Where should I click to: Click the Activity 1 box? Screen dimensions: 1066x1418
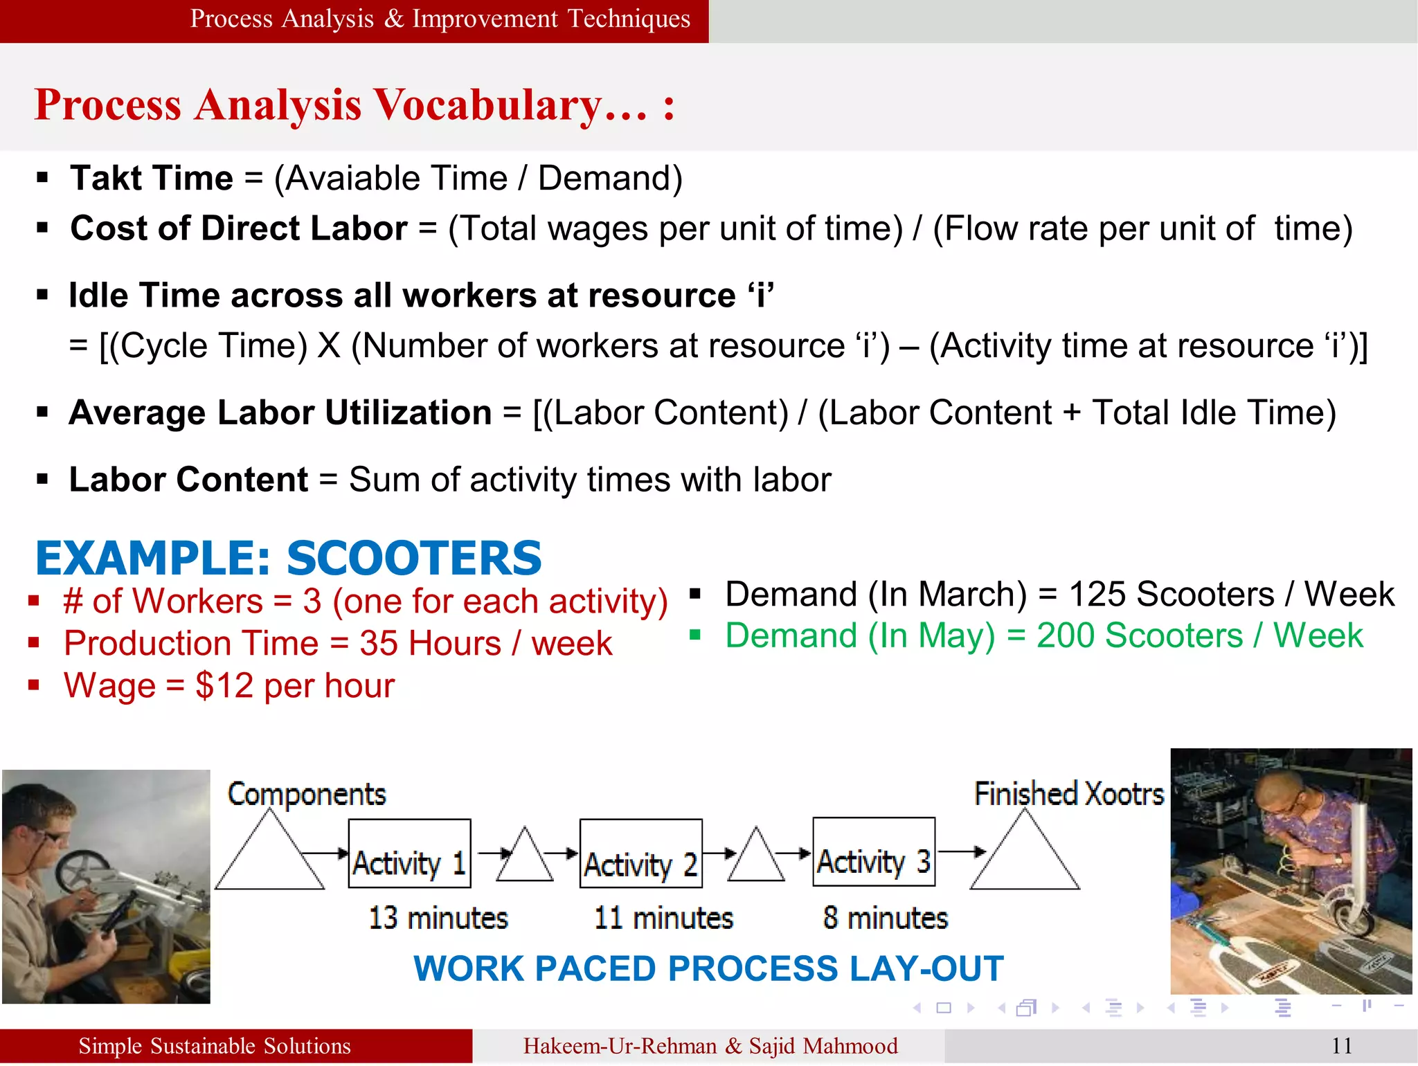409,853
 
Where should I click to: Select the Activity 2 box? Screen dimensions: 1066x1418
640,853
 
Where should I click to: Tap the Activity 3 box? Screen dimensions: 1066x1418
874,852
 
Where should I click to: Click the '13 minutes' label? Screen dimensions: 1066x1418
438,918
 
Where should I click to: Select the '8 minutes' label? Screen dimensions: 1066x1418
885,918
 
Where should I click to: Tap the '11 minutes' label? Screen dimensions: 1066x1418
663,918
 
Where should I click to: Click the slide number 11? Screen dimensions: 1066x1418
1341,1046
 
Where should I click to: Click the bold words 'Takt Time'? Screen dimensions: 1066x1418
152,178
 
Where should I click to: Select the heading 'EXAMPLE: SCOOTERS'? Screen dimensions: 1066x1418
288,558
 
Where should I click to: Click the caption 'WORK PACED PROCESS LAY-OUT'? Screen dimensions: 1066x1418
708,968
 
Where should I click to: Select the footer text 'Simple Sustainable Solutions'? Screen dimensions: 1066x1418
215,1046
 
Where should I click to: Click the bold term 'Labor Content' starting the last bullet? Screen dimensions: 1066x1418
188,480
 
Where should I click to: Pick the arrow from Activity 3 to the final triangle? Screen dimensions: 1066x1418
961,851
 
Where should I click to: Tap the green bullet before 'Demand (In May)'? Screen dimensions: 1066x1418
695,634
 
